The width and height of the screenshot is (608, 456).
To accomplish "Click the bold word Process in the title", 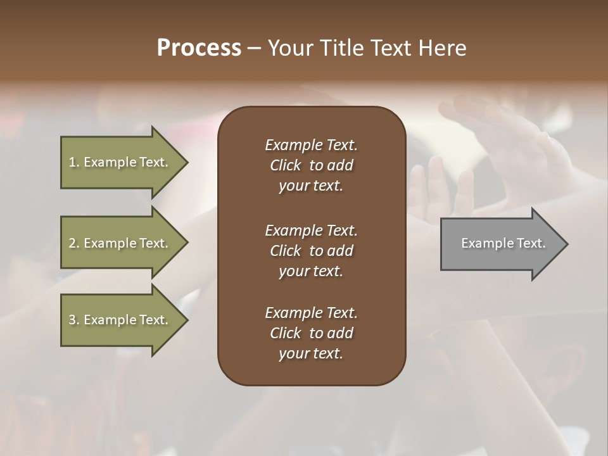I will click(199, 48).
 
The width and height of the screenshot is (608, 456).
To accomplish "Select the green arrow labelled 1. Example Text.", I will click(120, 162).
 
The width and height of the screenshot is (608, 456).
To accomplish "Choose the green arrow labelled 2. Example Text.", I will click(120, 243).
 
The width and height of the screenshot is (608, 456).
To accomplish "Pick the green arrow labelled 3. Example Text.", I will click(120, 320).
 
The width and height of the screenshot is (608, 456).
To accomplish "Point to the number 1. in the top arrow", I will click(74, 162).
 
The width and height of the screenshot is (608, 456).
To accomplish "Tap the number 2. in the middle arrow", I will click(74, 243).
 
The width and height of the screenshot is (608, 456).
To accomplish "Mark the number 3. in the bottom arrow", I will click(74, 320).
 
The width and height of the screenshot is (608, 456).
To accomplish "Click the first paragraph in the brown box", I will click(311, 165).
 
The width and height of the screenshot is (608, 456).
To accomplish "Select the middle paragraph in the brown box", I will click(311, 251).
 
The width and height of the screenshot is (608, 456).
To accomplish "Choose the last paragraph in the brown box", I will click(311, 333).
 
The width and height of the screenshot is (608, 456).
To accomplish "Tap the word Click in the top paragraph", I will click(286, 165).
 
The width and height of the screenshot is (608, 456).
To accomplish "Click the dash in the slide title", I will click(255, 48).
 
